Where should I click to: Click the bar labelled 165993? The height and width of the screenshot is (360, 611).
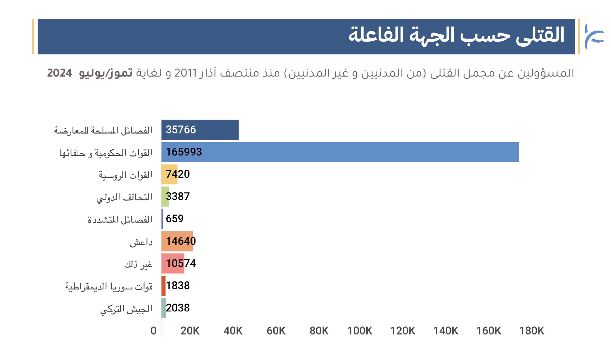click(340, 152)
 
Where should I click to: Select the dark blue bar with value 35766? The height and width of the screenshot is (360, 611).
click(200, 130)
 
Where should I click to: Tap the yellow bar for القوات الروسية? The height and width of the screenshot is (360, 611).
click(169, 174)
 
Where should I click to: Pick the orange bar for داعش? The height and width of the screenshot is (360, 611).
click(177, 241)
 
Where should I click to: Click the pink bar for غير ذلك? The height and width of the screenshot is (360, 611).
click(173, 263)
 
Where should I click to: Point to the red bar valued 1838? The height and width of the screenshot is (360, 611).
click(164, 286)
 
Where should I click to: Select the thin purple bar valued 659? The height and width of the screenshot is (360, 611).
click(162, 219)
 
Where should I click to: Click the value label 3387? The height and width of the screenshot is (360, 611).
click(178, 196)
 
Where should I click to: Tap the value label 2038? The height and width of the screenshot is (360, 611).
click(178, 308)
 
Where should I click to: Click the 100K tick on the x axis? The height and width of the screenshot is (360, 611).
click(360, 331)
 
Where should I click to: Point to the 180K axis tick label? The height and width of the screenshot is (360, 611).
click(532, 331)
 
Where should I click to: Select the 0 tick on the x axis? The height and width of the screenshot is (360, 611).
click(154, 331)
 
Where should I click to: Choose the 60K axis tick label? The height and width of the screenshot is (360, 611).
click(276, 331)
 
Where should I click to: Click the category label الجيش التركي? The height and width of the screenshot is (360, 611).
click(126, 309)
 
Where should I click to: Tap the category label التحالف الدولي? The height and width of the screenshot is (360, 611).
click(124, 197)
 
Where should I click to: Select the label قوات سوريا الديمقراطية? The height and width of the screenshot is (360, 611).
click(109, 287)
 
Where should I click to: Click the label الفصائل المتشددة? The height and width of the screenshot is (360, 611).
click(120, 220)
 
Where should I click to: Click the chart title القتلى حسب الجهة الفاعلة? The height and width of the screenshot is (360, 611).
click(456, 35)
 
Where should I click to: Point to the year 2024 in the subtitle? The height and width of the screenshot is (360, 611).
click(60, 73)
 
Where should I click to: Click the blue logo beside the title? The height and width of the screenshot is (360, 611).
click(594, 36)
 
